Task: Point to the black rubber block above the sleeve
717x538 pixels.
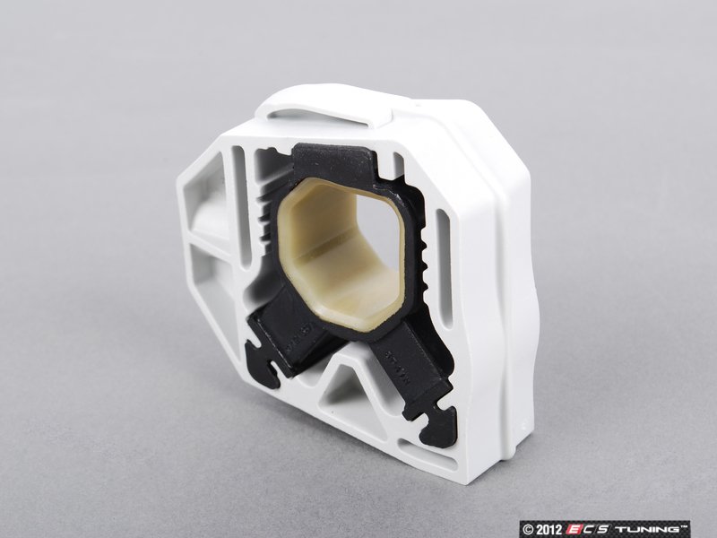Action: [x=332, y=162]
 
